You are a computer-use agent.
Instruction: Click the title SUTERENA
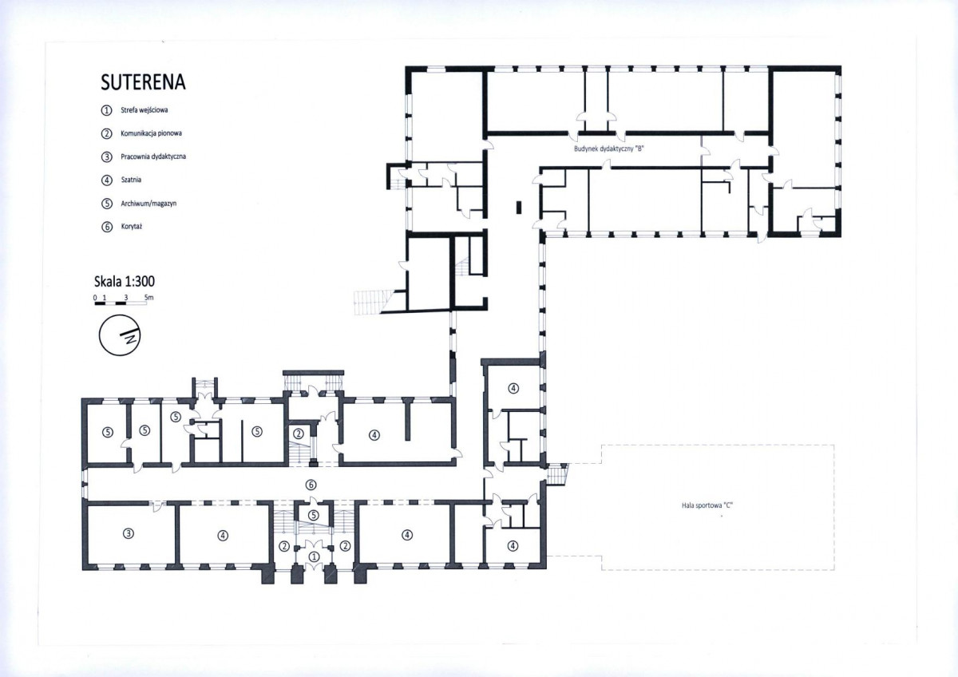coord(143,82)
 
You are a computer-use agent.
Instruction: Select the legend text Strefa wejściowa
coord(144,110)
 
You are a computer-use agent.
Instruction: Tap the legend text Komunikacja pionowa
coord(151,133)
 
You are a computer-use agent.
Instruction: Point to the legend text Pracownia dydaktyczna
coord(153,156)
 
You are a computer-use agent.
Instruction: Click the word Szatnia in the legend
coord(131,180)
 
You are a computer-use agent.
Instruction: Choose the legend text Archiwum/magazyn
coord(148,203)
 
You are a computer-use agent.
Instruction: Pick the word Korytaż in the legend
coord(131,226)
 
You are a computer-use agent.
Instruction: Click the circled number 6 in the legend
coord(107,227)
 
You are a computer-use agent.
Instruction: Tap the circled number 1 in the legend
coord(106,110)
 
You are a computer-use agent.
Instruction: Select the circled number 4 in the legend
coord(106,180)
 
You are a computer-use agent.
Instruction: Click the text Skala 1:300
coord(125,281)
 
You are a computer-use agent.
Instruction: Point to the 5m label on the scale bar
coord(148,297)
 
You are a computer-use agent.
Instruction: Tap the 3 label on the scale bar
coord(126,297)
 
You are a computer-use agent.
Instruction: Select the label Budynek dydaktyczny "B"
coord(609,148)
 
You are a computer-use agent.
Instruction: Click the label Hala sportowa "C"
coord(707,505)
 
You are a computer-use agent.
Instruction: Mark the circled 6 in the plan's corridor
coord(311,485)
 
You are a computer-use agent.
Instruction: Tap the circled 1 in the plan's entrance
coord(314,556)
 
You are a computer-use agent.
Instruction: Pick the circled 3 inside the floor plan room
coord(129,533)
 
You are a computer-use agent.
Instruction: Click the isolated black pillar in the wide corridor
coord(519,207)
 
